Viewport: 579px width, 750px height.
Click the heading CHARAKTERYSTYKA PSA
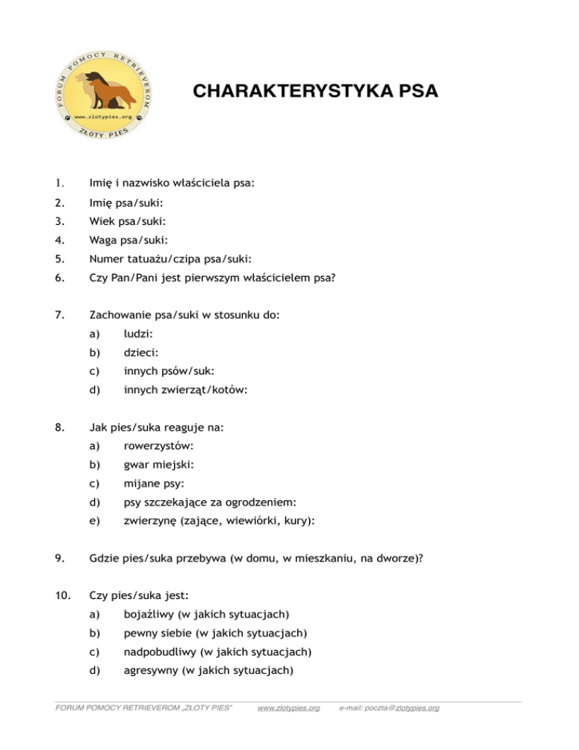315,92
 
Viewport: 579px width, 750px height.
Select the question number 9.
60,560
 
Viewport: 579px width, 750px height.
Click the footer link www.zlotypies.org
288,708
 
